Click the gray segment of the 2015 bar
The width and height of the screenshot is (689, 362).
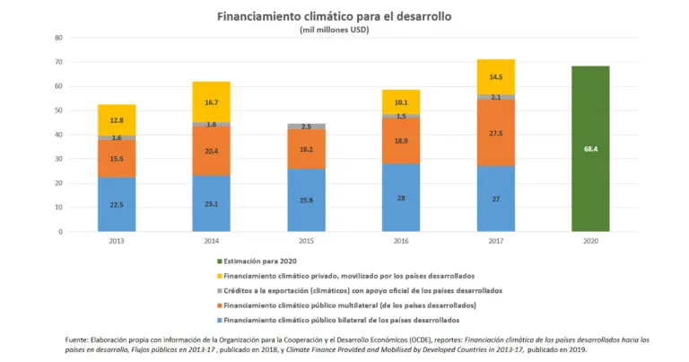point(306,127)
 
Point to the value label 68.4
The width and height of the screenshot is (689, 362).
point(590,148)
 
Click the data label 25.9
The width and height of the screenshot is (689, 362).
point(306,199)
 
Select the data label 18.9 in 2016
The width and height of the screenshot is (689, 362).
point(401,141)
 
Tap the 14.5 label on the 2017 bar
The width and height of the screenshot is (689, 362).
point(495,78)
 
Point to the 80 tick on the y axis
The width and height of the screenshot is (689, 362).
point(58,38)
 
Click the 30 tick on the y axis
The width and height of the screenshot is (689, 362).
point(58,159)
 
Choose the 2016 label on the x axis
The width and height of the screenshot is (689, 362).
point(401,242)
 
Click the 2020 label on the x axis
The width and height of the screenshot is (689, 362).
point(590,242)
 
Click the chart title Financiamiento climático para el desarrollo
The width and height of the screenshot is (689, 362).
point(334,16)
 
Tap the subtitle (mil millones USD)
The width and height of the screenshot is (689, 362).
point(334,30)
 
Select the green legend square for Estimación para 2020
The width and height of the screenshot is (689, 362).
point(218,260)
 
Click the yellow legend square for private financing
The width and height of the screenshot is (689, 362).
point(218,275)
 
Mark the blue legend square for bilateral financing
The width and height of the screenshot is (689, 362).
point(218,320)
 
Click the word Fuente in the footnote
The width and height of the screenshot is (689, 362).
point(77,339)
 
